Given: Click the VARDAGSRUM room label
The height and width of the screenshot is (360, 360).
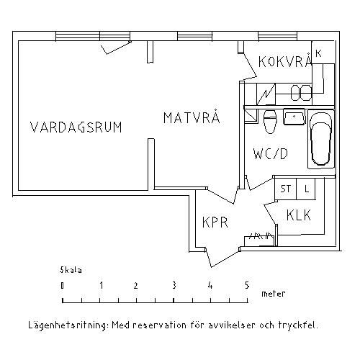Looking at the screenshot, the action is pyautogui.click(x=76, y=127).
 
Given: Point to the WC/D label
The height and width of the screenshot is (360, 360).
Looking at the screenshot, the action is pyautogui.click(x=271, y=153).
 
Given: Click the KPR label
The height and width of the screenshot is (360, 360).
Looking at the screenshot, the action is pyautogui.click(x=215, y=222).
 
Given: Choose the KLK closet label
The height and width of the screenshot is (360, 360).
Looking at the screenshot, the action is pyautogui.click(x=299, y=215).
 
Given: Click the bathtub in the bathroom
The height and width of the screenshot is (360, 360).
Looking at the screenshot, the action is pyautogui.click(x=321, y=139).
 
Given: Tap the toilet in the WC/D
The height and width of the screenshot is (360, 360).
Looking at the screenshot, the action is pyautogui.click(x=270, y=122).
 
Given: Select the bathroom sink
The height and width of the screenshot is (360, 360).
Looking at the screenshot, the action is pyautogui.click(x=294, y=117).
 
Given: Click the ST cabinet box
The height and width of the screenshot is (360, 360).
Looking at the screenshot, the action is pyautogui.click(x=286, y=189).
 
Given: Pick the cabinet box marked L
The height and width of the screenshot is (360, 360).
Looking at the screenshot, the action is pyautogui.click(x=306, y=189).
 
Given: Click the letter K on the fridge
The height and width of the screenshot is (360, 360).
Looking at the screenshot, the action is pyautogui.click(x=318, y=53).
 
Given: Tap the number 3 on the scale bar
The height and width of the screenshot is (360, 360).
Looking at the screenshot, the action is pyautogui.click(x=174, y=285).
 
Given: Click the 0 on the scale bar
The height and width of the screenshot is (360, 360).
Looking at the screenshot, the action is pyautogui.click(x=63, y=285).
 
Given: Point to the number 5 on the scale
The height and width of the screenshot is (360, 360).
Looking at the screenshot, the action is pyautogui.click(x=247, y=285).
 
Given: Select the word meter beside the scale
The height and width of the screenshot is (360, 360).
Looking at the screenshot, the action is pyautogui.click(x=274, y=293).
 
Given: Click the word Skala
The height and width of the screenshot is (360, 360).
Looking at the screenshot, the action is pyautogui.click(x=71, y=270).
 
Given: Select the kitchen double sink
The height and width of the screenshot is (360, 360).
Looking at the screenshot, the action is pyautogui.click(x=301, y=93).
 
